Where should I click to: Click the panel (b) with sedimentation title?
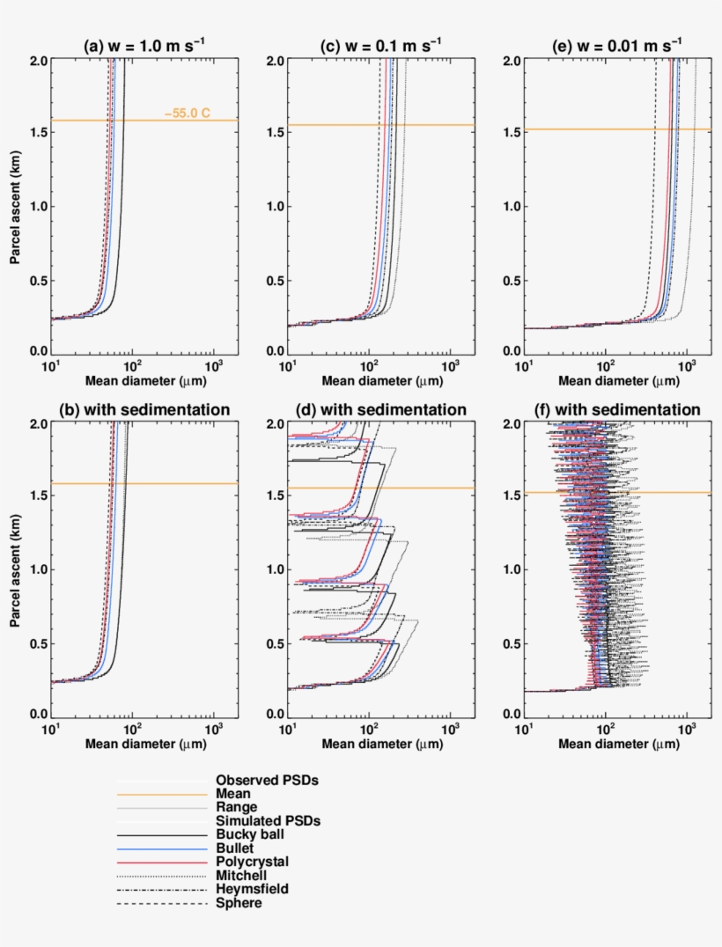coord(144,409)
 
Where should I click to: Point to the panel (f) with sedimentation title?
coord(618,409)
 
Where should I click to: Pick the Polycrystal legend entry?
coord(252,861)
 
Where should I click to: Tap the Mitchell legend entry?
coord(240,875)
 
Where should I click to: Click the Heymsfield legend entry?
coord(252,889)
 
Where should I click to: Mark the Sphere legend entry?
coord(239,903)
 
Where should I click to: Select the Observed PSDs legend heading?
coord(267,780)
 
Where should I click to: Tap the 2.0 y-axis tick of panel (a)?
coord(38,61)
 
